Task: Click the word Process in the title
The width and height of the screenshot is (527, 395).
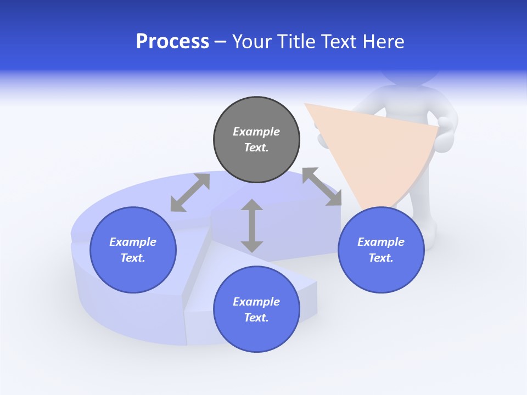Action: pyautogui.click(x=172, y=42)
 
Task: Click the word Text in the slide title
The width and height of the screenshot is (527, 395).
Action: pyautogui.click(x=340, y=42)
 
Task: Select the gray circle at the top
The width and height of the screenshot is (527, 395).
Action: pyautogui.click(x=256, y=139)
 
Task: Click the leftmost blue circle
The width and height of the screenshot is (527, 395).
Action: pyautogui.click(x=133, y=250)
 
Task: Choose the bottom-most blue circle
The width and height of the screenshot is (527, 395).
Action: pyautogui.click(x=256, y=309)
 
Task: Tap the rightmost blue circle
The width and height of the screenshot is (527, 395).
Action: pyautogui.click(x=381, y=250)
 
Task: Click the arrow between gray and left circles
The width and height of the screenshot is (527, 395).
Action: pyautogui.click(x=190, y=193)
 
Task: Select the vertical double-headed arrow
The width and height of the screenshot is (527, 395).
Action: pyautogui.click(x=252, y=225)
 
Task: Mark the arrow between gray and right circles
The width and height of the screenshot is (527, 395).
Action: pyautogui.click(x=322, y=187)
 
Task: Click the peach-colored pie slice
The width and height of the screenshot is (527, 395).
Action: pyautogui.click(x=373, y=148)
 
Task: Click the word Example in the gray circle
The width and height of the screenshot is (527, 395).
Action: pyautogui.click(x=256, y=132)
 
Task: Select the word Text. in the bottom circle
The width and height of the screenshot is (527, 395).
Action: pyautogui.click(x=256, y=318)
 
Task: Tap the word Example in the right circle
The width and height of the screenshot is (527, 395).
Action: pyautogui.click(x=381, y=242)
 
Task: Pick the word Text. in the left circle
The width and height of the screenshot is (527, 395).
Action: pyautogui.click(x=133, y=258)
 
